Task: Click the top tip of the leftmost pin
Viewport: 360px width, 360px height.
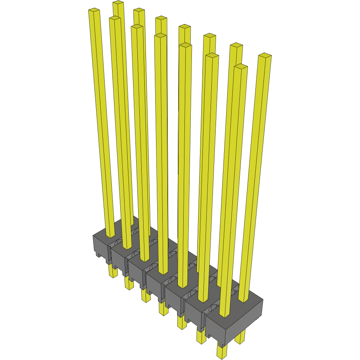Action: tap(94, 11)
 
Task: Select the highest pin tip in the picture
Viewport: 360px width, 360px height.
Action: tap(118, 3)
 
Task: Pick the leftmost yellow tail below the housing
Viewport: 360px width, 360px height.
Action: tap(112, 271)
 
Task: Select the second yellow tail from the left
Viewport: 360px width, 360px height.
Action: tap(129, 283)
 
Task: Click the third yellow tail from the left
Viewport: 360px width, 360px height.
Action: tap(146, 296)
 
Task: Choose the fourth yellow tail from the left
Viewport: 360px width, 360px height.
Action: tap(163, 309)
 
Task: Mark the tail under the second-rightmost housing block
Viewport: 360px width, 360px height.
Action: tap(201, 337)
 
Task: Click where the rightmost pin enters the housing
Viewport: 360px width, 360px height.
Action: tap(243, 300)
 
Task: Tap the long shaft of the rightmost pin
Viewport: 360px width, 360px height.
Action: tap(255, 175)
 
